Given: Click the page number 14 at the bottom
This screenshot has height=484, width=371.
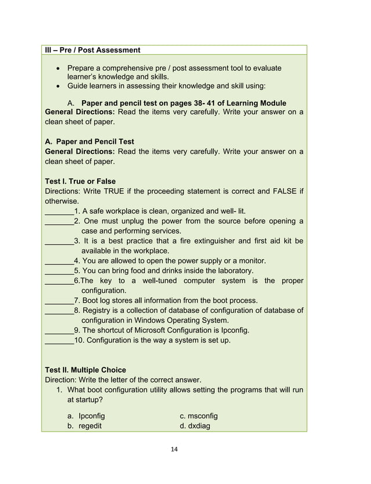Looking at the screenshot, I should pyautogui.click(x=185, y=449).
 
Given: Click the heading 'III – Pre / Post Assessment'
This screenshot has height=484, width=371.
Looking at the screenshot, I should pyautogui.click(x=92, y=50).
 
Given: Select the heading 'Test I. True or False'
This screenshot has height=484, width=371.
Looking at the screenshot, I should pyautogui.click(x=80, y=181).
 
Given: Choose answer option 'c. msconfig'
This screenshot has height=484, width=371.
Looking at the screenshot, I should pyautogui.click(x=198, y=416).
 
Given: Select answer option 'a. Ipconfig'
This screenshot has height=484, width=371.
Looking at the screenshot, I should pyautogui.click(x=86, y=416).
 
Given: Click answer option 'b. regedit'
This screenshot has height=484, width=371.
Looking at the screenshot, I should pyautogui.click(x=85, y=426).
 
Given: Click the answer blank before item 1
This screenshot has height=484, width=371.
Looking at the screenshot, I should pyautogui.click(x=59, y=211).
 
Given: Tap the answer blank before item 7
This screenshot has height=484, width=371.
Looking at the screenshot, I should pyautogui.click(x=59, y=301).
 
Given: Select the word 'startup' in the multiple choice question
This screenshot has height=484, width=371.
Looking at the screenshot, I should pyautogui.click(x=86, y=401).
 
